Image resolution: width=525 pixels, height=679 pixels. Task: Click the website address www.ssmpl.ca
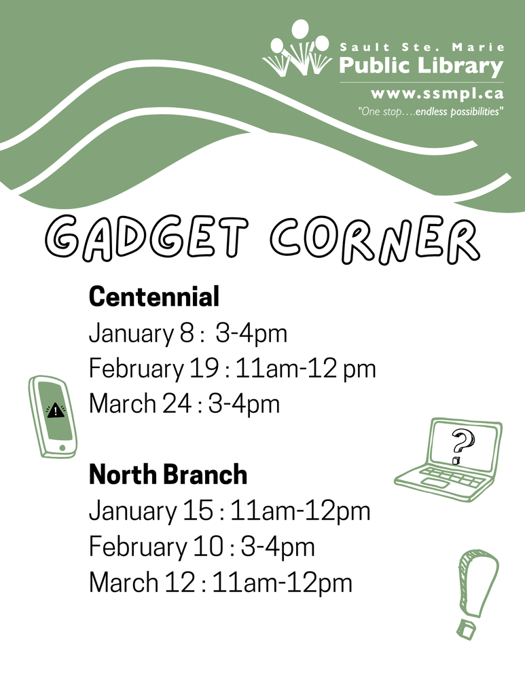coord(437,94)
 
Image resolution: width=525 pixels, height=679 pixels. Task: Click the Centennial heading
coord(154,296)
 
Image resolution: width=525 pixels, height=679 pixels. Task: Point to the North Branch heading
coord(168,475)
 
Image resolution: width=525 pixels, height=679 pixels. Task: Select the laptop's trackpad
coord(433,481)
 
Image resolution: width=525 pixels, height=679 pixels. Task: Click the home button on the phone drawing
coord(63,447)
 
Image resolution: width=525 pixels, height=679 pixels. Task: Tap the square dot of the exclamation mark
coord(466,629)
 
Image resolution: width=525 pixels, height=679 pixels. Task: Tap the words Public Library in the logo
coord(421,67)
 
